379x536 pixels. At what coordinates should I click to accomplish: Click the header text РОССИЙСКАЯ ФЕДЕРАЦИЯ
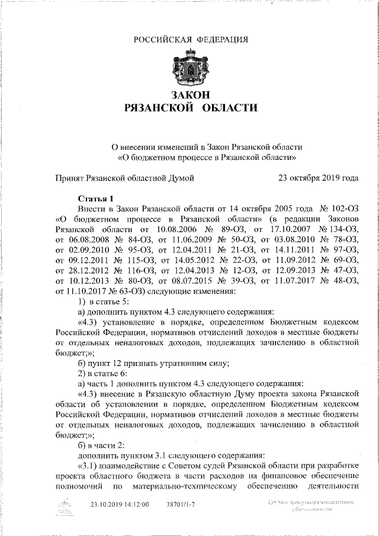coord(190,40)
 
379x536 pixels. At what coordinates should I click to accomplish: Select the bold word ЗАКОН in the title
coord(190,95)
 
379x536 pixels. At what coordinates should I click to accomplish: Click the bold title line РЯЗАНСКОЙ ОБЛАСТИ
coord(190,108)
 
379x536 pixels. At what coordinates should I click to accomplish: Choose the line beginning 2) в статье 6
coord(104,374)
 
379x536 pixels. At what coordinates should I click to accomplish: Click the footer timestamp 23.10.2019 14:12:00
coord(119,505)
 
